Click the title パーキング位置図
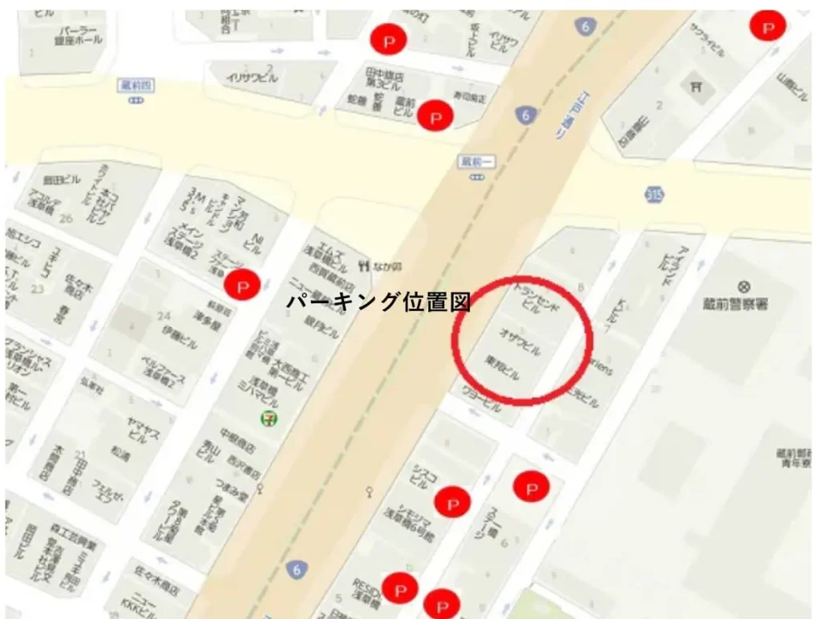click(378, 302)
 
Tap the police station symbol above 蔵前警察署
click(745, 286)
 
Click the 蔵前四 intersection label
click(139, 86)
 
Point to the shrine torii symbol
click(695, 86)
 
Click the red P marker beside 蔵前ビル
click(436, 117)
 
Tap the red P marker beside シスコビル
click(452, 503)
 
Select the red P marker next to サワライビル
click(767, 27)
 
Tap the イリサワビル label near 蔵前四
click(252, 78)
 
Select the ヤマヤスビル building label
click(137, 432)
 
